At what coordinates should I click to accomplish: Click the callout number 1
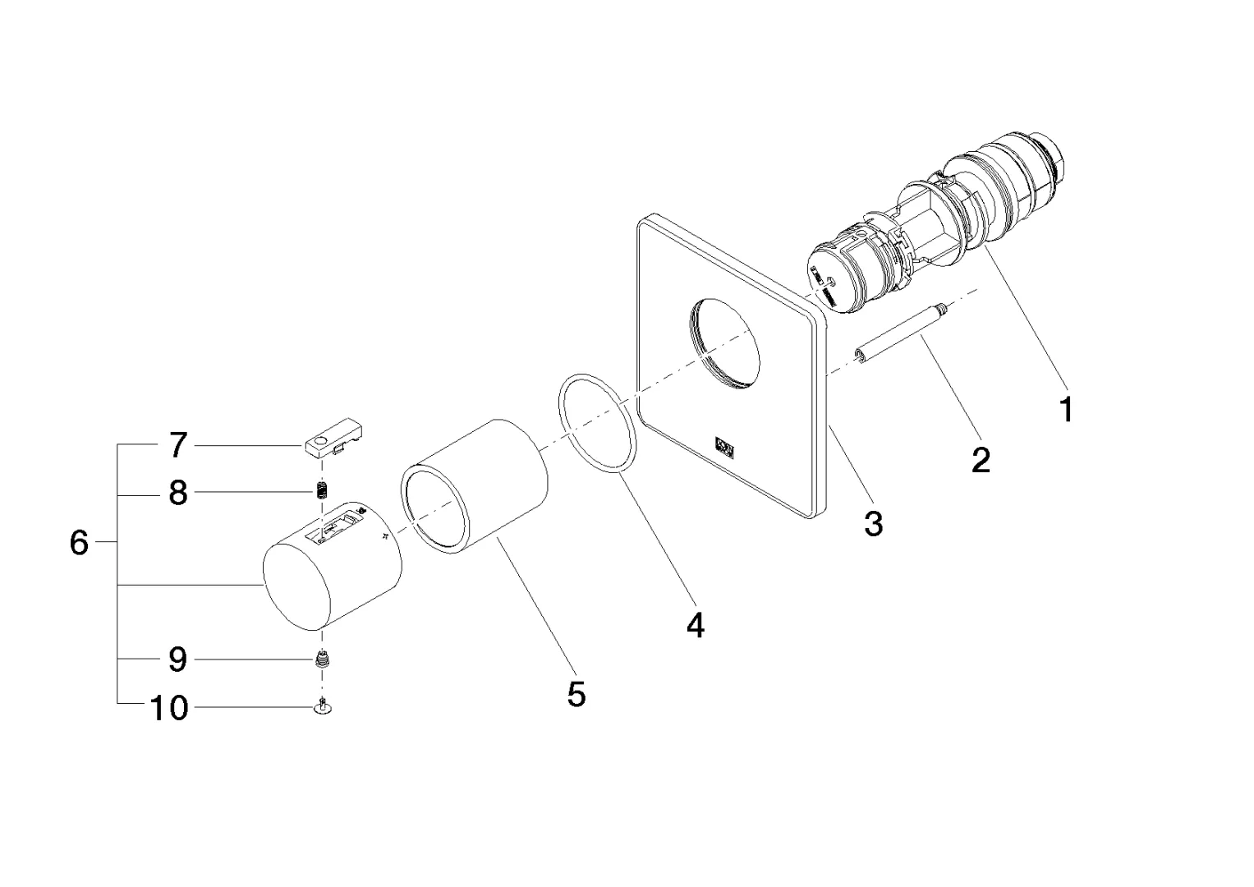click(1066, 408)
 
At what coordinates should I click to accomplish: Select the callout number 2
click(981, 460)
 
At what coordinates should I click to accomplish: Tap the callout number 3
click(873, 522)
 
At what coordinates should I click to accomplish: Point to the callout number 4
click(695, 626)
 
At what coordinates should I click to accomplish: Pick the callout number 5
click(576, 695)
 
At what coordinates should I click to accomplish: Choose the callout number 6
click(79, 543)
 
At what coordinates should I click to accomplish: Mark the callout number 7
click(178, 446)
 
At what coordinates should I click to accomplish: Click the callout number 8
click(178, 494)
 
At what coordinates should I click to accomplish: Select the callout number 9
click(178, 660)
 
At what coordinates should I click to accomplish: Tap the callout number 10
click(169, 707)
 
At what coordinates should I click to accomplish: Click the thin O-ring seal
click(599, 422)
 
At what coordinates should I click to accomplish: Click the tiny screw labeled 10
click(324, 705)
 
